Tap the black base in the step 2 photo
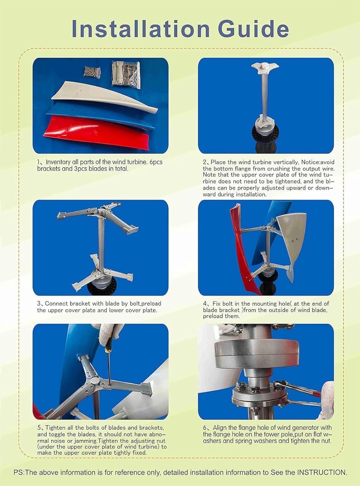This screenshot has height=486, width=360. point(266,143)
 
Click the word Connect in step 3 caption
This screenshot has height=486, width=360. point(56,304)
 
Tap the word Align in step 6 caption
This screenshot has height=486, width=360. point(221,428)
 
